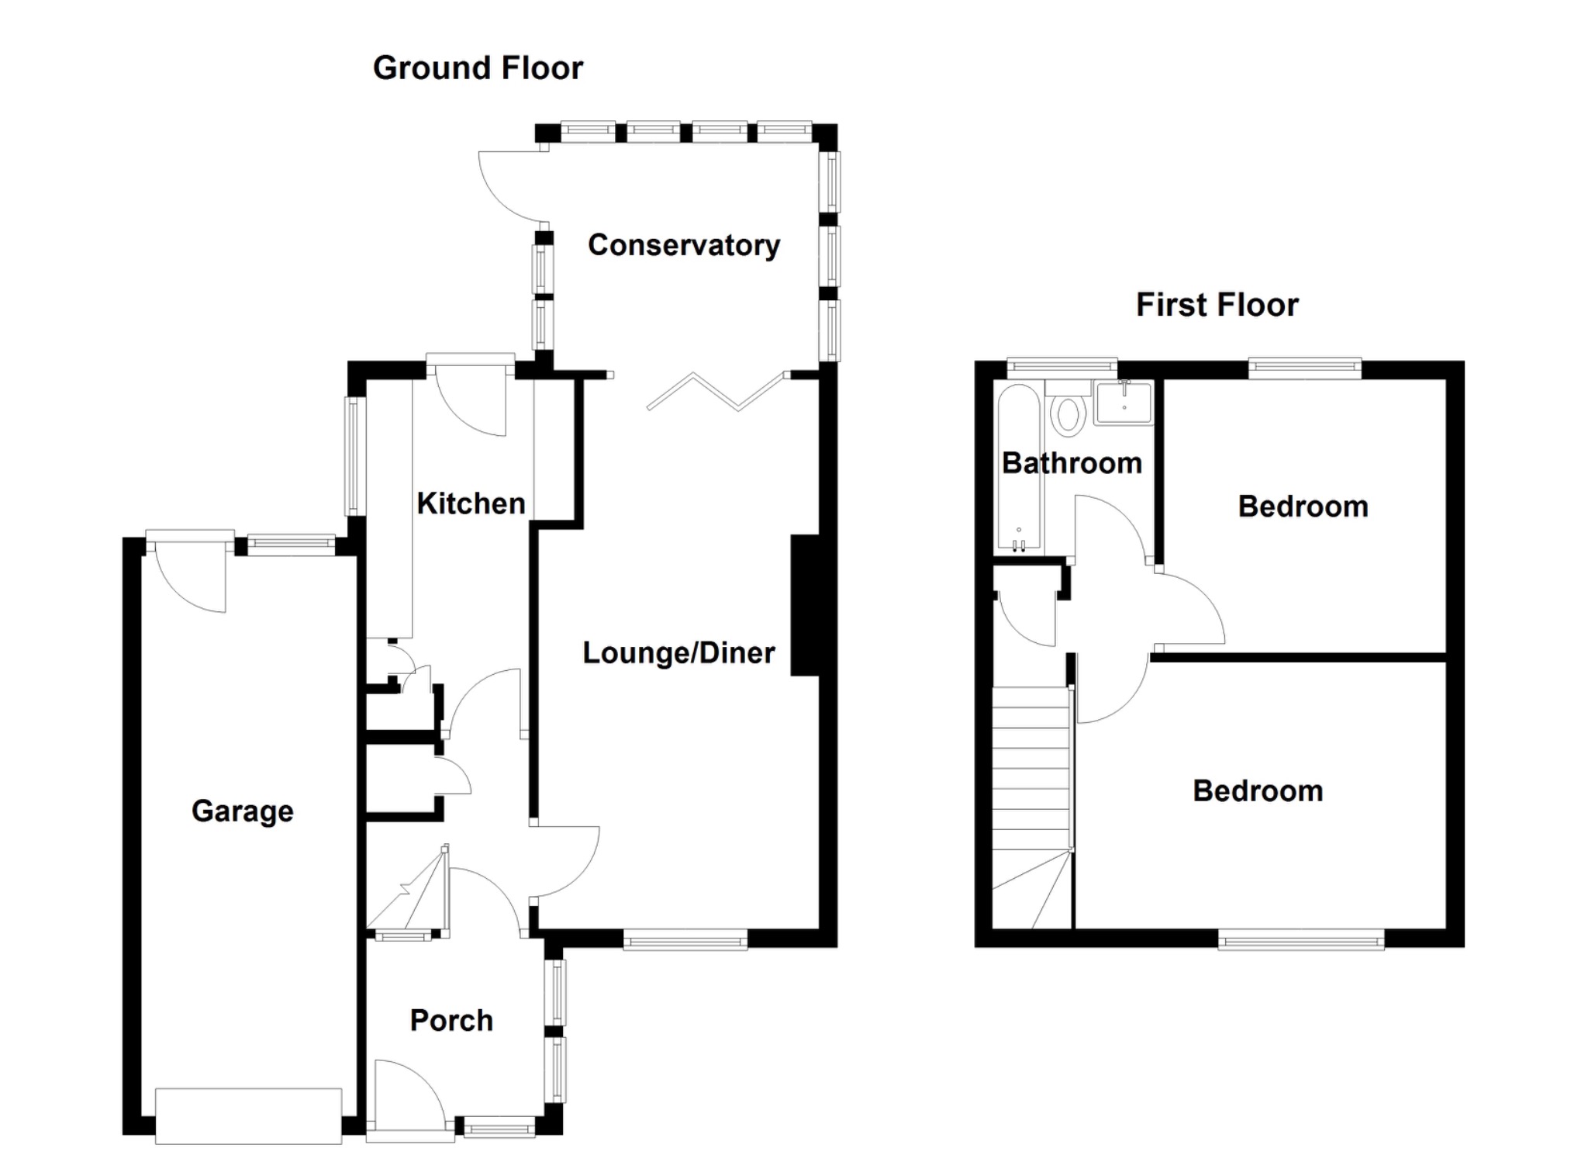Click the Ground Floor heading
[x=478, y=68]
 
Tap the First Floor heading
[x=1217, y=305]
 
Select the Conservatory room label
[x=684, y=245]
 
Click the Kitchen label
[x=471, y=503]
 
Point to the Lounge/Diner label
[x=678, y=652]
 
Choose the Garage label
[x=243, y=811]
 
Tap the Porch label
[x=451, y=1020]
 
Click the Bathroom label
[x=1072, y=463]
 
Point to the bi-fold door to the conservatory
[x=717, y=391]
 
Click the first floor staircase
[x=1032, y=807]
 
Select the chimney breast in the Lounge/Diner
[x=805, y=604]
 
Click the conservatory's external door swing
[x=508, y=186]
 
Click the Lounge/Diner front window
[x=685, y=942]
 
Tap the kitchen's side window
[x=355, y=456]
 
